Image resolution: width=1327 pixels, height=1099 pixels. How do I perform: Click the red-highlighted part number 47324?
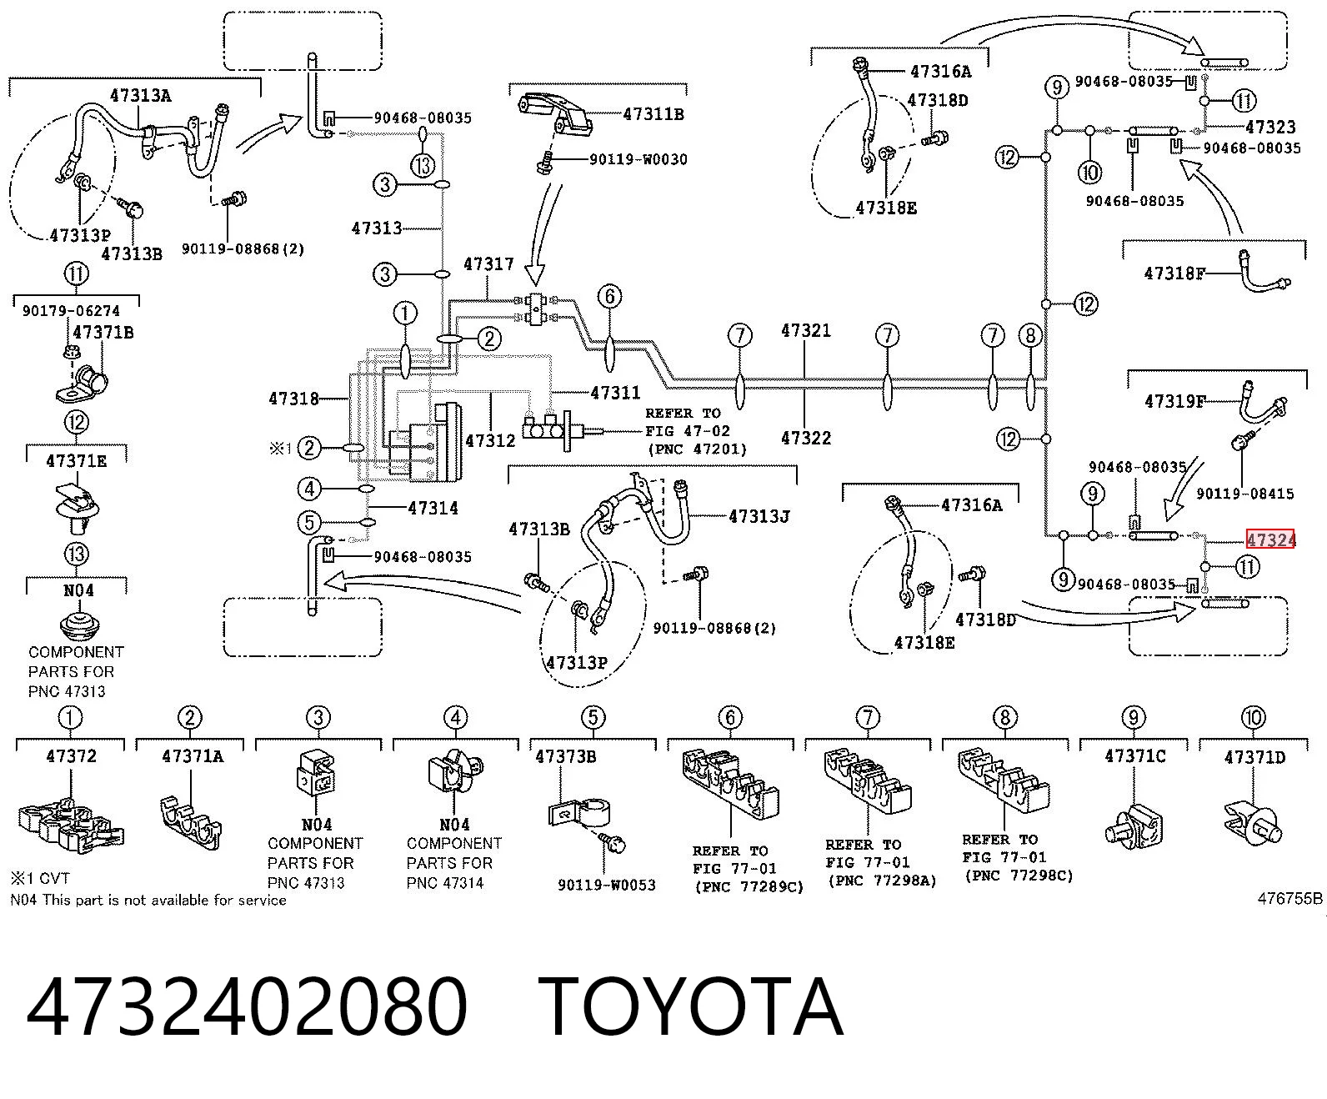point(1269,540)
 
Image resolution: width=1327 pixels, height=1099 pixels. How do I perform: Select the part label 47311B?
point(653,114)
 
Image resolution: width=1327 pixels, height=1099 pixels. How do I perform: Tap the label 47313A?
point(141,95)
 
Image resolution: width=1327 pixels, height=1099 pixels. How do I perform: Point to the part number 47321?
point(806,331)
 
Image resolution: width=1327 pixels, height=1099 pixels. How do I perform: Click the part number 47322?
point(806,439)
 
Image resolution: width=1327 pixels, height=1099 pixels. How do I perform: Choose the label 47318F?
point(1174,273)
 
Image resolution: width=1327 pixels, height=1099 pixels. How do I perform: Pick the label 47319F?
point(1175,401)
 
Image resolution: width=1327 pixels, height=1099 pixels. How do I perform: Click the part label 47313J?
point(759,516)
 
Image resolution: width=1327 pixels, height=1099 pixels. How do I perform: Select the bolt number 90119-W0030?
point(638,159)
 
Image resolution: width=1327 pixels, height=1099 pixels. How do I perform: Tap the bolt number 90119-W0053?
point(607,885)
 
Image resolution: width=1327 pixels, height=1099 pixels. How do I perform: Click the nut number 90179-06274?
point(71,311)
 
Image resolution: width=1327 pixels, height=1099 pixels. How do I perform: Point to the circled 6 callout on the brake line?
point(609,296)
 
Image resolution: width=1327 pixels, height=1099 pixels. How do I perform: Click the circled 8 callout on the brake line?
point(1030,335)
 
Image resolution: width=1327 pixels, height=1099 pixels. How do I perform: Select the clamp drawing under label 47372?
point(71,825)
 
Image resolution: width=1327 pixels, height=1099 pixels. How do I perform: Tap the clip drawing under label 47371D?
point(1252,824)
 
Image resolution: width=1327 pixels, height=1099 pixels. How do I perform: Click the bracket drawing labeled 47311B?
point(556,115)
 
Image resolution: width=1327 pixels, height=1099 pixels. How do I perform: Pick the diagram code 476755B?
point(1290,899)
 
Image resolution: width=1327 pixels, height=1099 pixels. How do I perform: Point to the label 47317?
point(488,263)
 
